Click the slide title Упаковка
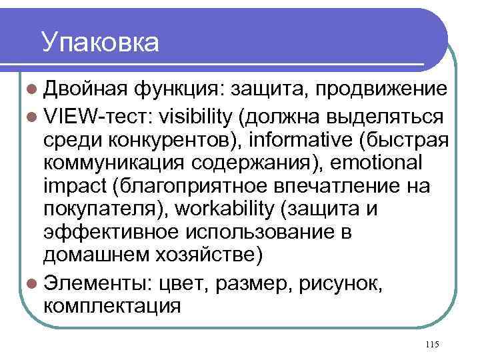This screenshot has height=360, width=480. (100, 42)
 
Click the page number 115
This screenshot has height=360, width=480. (431, 344)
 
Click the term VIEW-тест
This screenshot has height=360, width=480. (99, 117)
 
